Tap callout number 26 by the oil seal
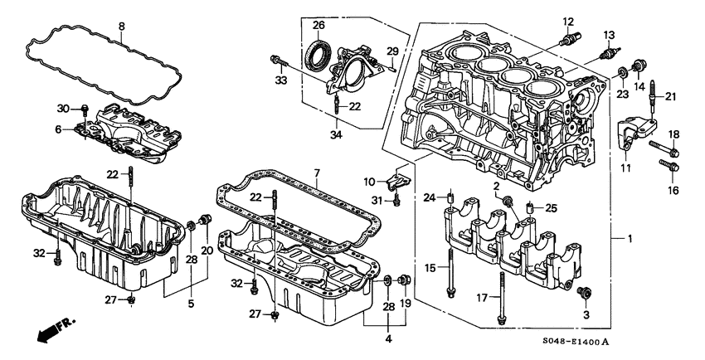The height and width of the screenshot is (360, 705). pos(318,25)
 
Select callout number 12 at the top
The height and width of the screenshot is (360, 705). pos(568,21)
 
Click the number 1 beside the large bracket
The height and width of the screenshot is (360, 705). pos(630,239)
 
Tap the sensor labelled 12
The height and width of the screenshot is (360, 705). pos(569,39)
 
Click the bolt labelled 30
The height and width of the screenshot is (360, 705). pos(85,106)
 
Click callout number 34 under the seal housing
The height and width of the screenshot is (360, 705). pos(336,134)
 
